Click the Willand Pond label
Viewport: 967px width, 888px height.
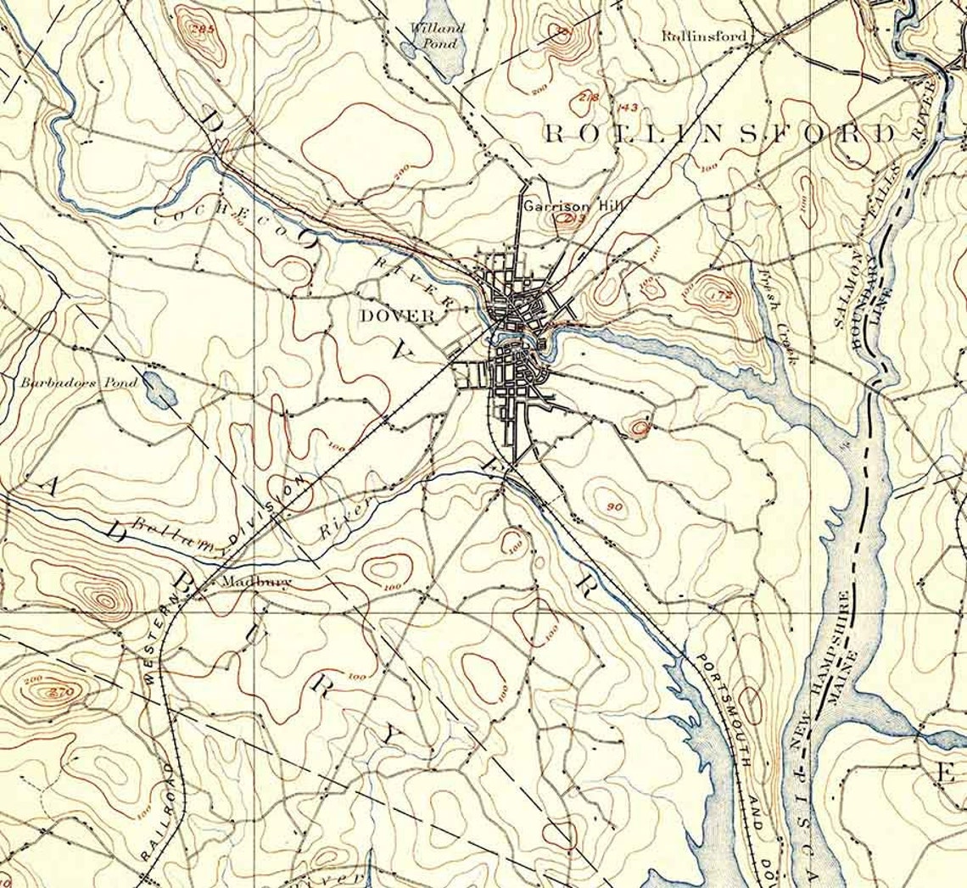(x=437, y=35)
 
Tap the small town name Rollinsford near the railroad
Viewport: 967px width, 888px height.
(x=704, y=36)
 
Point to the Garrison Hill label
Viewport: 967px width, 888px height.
(x=560, y=206)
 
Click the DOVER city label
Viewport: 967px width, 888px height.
(x=398, y=316)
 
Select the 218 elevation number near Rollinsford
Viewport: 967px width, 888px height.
(x=588, y=97)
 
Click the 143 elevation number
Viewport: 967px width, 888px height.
(x=628, y=107)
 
